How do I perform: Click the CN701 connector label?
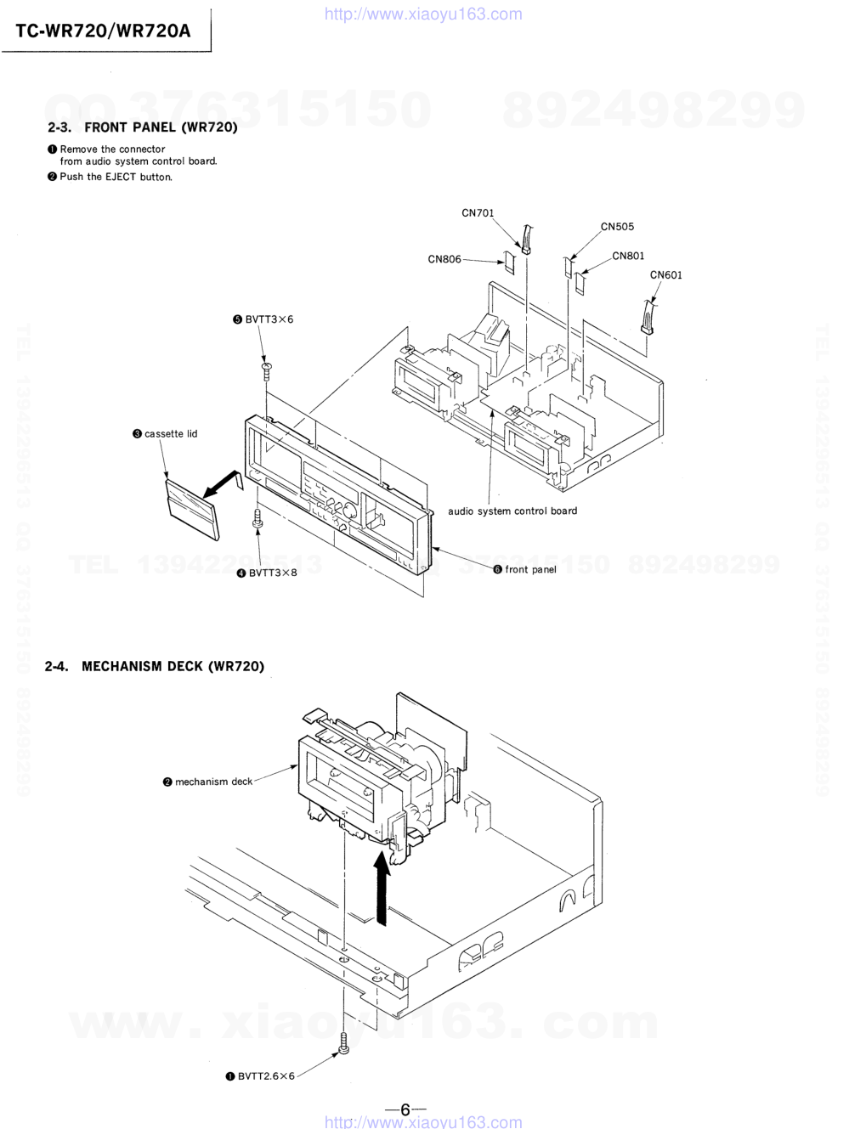point(478,213)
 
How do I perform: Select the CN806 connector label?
point(444,259)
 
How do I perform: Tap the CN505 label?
point(618,227)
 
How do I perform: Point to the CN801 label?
point(628,257)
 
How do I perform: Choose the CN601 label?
point(665,275)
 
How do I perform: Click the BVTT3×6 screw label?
point(263,319)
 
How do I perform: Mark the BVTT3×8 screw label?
point(267,573)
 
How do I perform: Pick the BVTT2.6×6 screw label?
point(260,1076)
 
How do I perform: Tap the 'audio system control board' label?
point(512,511)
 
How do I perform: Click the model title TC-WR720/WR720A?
point(104,31)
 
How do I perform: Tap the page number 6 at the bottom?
point(405,1109)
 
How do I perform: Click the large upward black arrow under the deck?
point(381,888)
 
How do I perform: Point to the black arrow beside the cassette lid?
point(223,484)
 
